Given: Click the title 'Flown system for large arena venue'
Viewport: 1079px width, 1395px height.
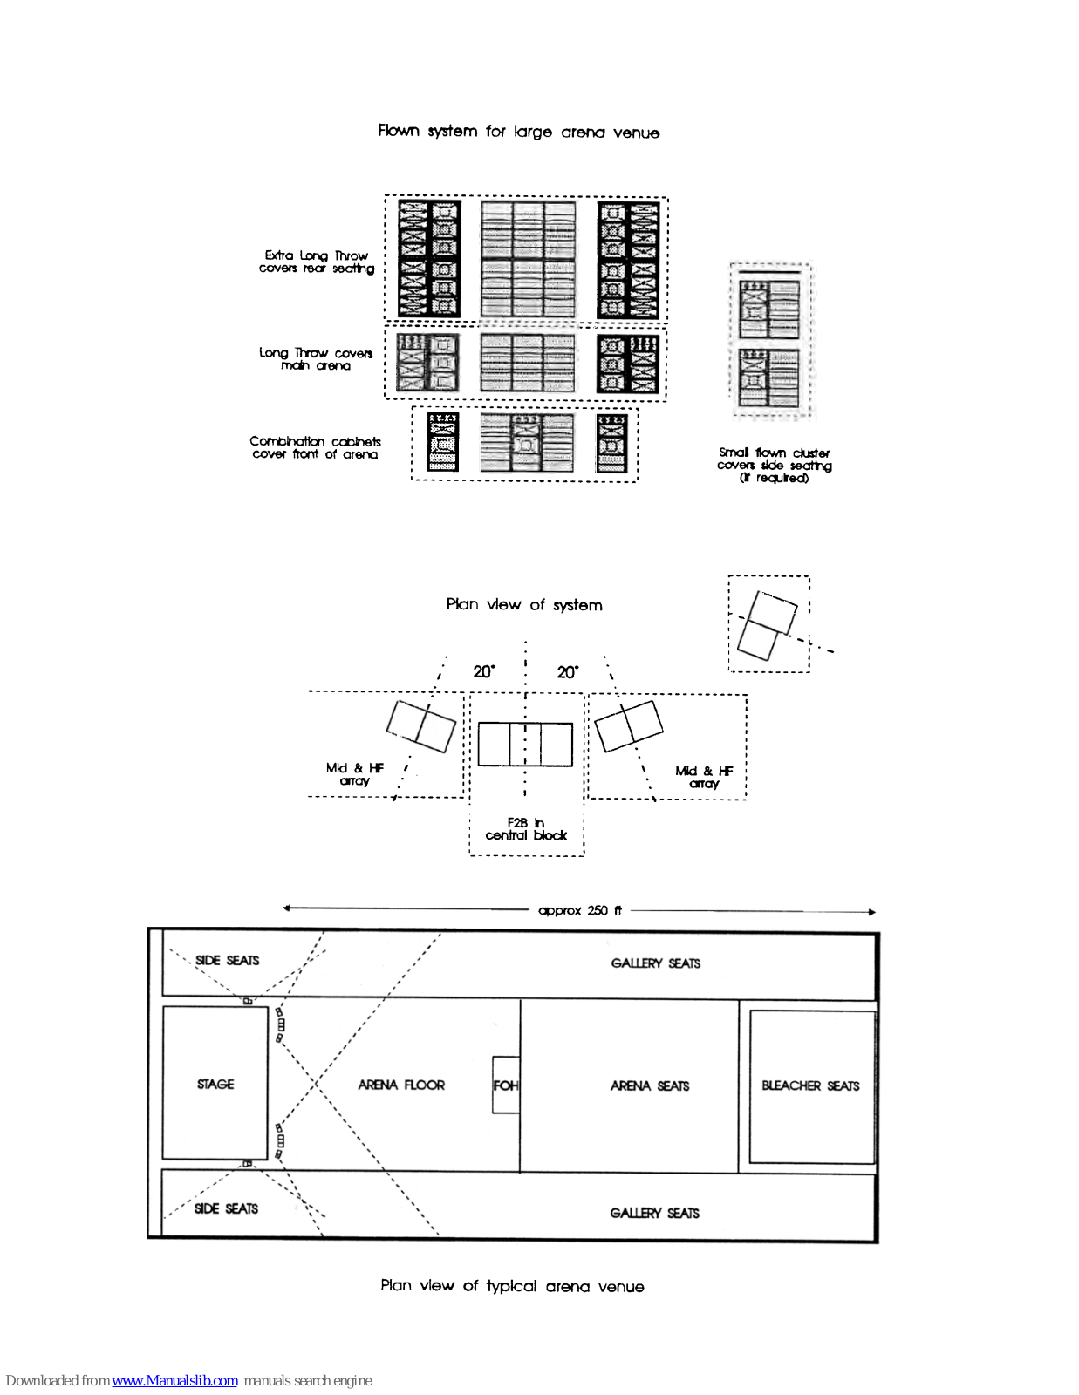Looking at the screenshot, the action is click(x=518, y=132).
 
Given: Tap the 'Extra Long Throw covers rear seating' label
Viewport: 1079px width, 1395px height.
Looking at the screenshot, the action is click(x=317, y=262).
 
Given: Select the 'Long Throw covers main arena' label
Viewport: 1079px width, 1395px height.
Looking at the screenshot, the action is click(x=316, y=359).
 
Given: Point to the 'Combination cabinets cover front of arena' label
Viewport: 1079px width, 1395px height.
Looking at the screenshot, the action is click(x=315, y=447).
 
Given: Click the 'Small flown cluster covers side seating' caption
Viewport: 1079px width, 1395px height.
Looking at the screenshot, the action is click(x=774, y=465).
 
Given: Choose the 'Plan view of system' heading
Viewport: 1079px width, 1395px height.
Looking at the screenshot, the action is click(x=523, y=604).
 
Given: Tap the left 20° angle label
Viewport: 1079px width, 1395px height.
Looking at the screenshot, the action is click(x=483, y=671).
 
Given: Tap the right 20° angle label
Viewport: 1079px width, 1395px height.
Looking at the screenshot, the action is click(x=567, y=672).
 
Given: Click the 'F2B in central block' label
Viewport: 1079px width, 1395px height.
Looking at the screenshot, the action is click(x=526, y=829).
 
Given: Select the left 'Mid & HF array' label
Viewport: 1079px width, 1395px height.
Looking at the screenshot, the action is click(x=354, y=774).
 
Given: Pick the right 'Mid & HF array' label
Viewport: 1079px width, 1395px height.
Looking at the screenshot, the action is click(x=704, y=777).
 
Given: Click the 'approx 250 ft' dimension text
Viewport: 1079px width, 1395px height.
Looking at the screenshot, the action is click(x=580, y=910).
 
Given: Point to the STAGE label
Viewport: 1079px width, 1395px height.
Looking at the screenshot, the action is click(x=215, y=1084).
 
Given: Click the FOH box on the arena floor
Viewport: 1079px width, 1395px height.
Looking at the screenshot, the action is click(x=506, y=1085).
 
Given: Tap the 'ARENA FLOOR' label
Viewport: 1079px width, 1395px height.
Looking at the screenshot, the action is click(x=401, y=1085).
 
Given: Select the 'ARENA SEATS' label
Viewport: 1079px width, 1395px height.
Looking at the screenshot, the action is click(x=650, y=1085).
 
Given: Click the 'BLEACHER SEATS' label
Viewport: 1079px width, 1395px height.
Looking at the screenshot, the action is click(x=810, y=1085).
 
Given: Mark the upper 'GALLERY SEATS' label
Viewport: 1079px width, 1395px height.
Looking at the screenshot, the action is click(x=655, y=963).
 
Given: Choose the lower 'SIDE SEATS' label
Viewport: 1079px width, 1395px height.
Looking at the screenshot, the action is click(x=226, y=1208).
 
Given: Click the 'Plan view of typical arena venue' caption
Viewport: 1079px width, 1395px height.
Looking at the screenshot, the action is click(x=512, y=1286).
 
